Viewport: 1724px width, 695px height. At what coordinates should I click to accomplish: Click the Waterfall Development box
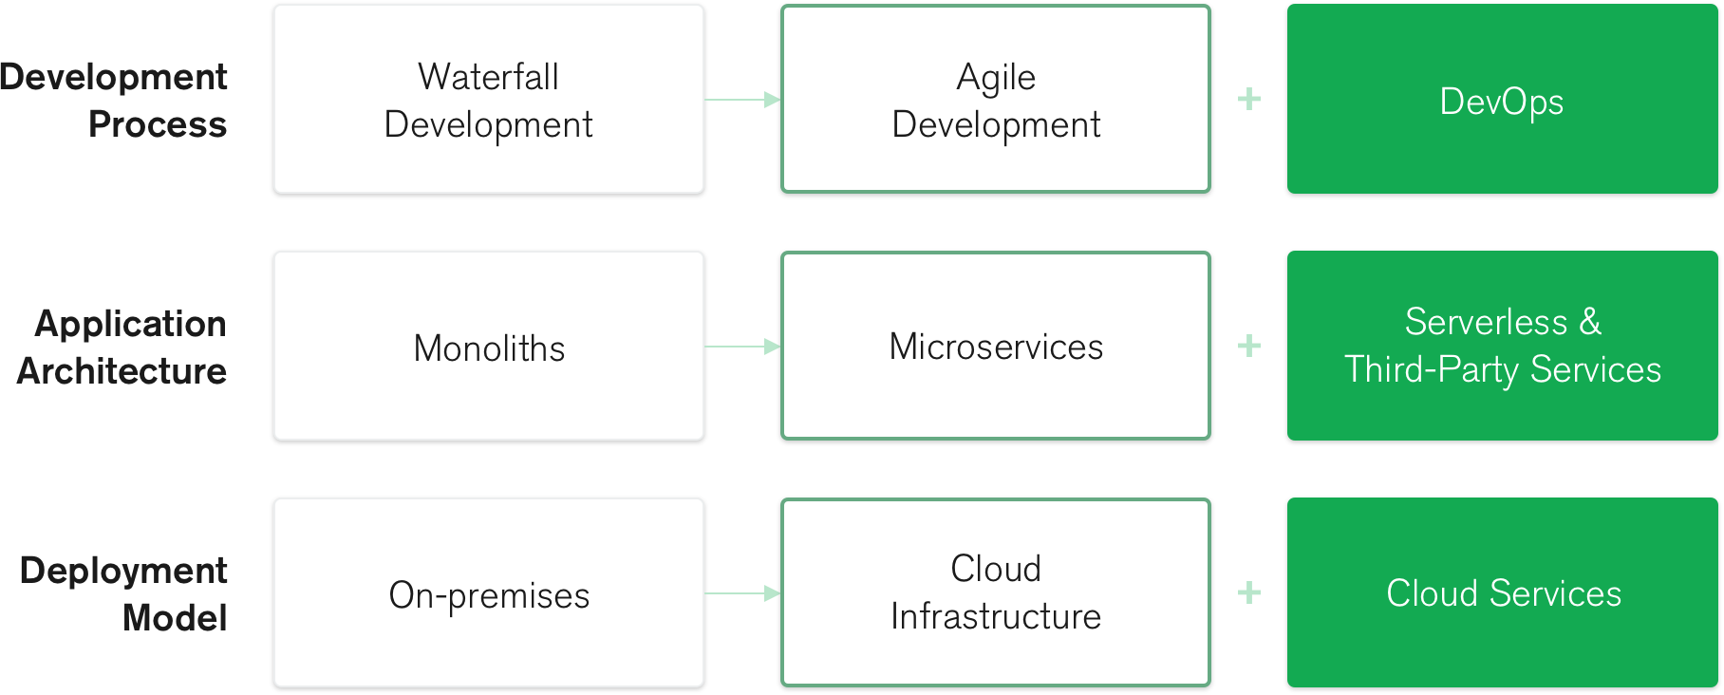(489, 99)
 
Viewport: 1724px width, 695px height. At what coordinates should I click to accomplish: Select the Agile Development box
(996, 99)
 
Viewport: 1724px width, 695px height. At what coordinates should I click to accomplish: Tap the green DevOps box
(1503, 99)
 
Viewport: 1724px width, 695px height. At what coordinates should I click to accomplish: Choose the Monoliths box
(489, 346)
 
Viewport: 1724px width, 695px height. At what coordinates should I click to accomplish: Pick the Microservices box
(996, 346)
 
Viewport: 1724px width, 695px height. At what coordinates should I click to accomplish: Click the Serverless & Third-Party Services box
(1503, 346)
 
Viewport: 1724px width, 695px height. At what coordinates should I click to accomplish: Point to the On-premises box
(489, 592)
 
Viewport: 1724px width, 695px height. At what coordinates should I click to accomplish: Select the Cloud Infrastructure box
(996, 592)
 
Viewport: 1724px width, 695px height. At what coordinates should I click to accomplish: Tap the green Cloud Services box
(1503, 592)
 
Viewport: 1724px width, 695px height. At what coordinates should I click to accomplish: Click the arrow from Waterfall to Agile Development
(742, 100)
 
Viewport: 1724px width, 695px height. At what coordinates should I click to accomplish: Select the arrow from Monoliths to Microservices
(742, 347)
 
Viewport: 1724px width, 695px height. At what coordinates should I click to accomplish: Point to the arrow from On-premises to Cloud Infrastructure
(742, 593)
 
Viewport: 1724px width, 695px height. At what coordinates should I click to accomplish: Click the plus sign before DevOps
(1249, 99)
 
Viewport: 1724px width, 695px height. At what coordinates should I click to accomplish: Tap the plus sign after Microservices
(1249, 346)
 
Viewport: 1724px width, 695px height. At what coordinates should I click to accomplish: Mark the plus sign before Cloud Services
(1249, 592)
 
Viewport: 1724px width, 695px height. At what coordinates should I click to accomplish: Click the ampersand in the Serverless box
(1590, 323)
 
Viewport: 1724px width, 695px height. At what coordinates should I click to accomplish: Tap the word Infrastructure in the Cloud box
(996, 617)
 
